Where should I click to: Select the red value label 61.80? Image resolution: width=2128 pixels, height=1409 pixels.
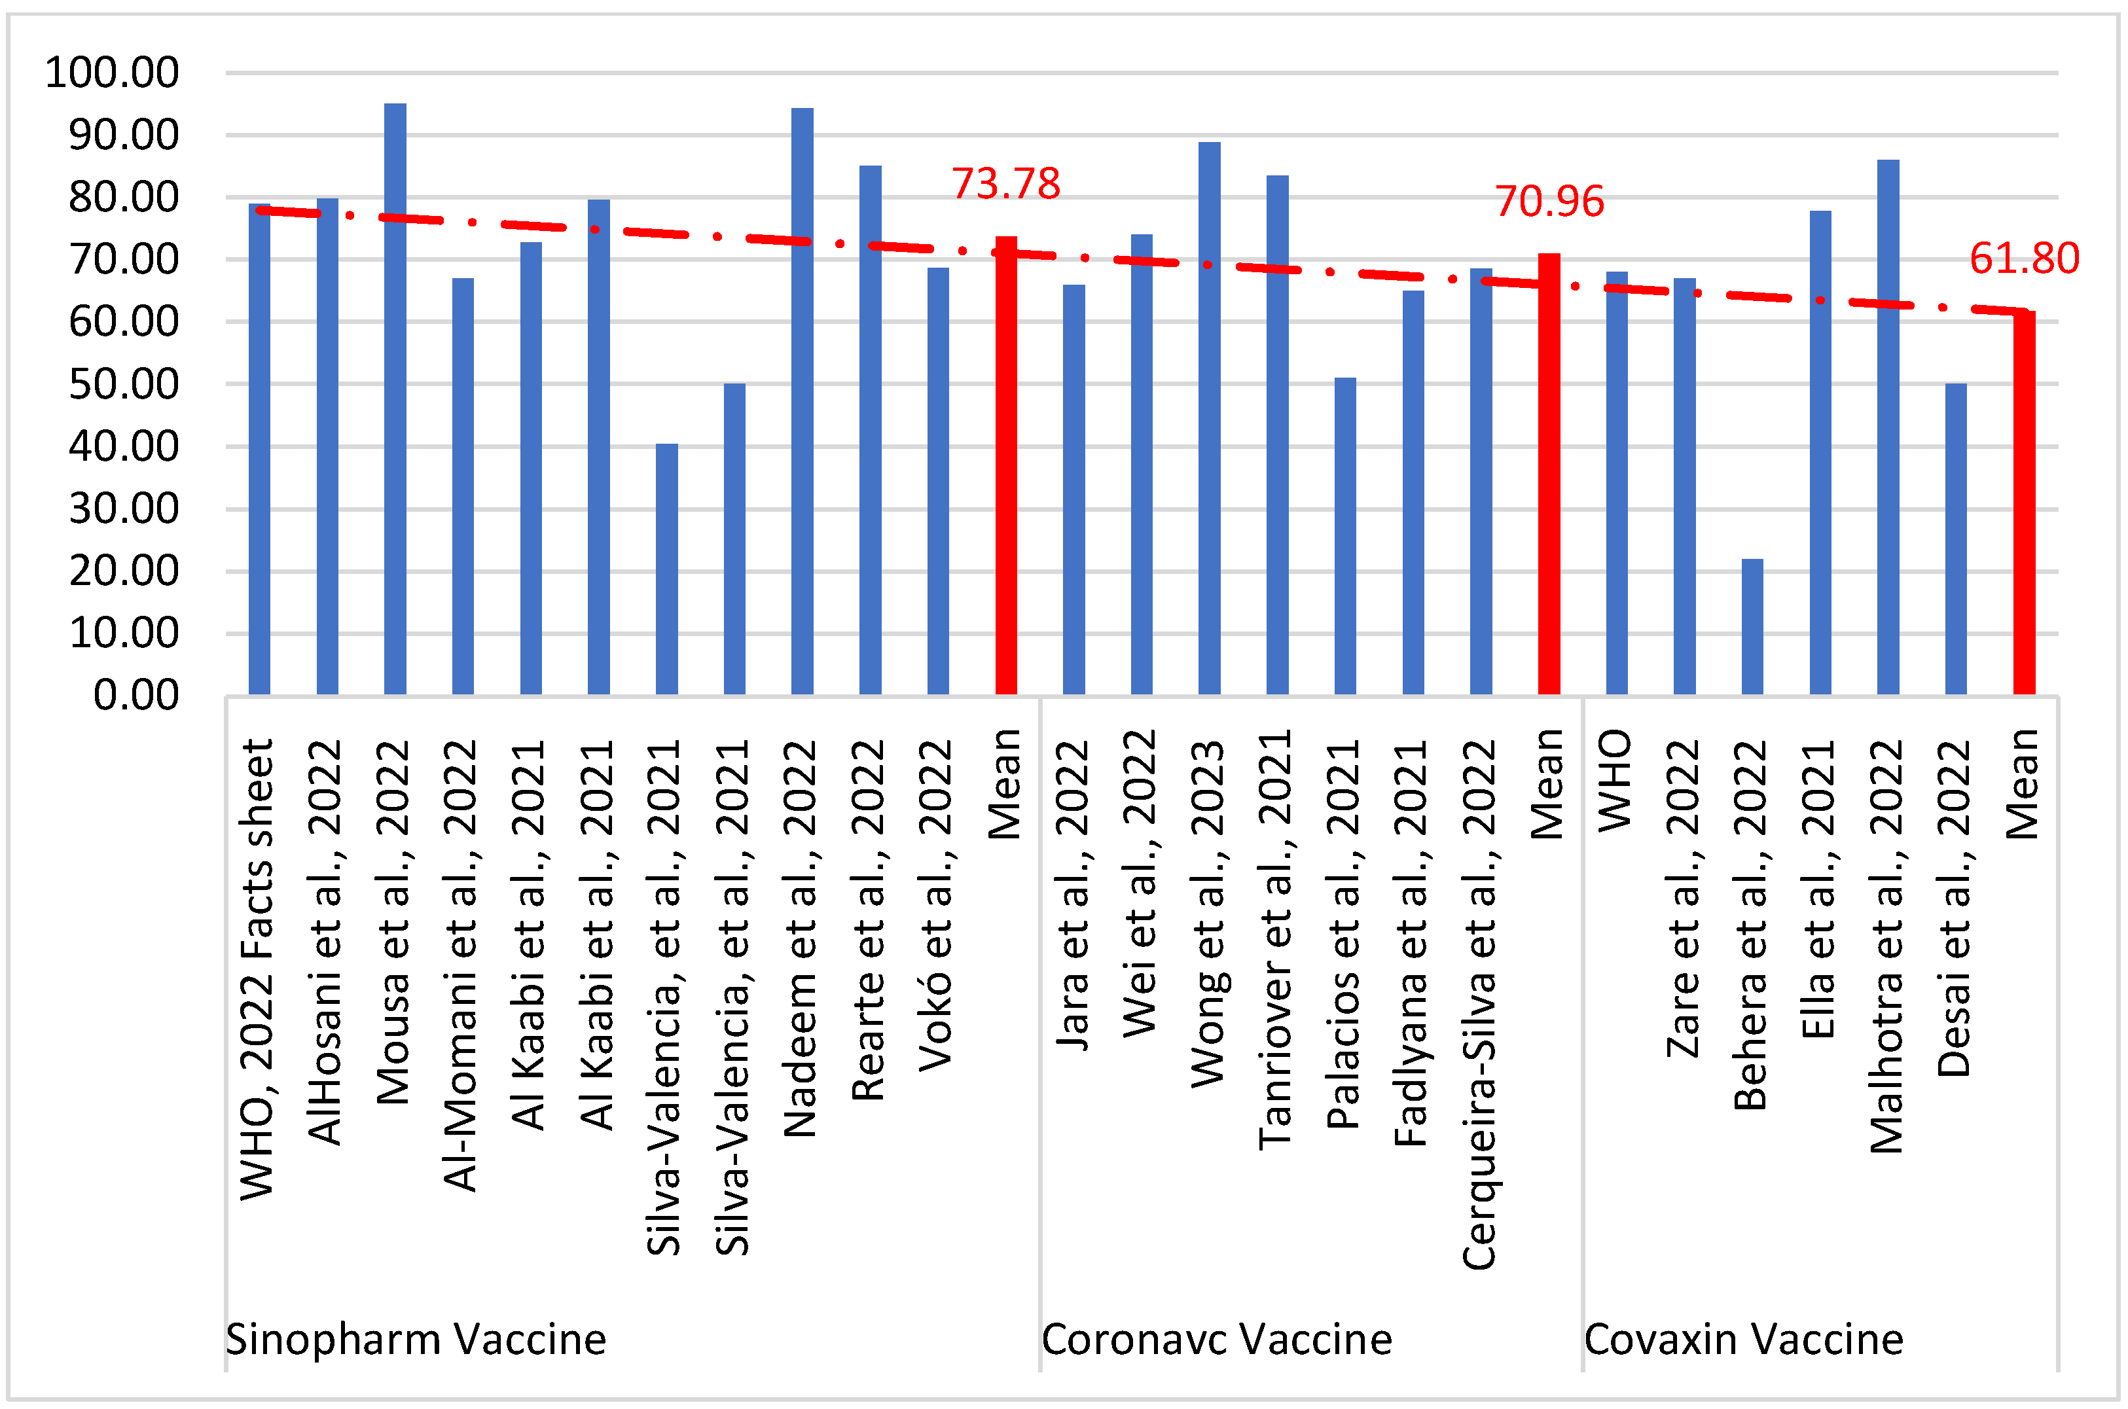tap(2024, 259)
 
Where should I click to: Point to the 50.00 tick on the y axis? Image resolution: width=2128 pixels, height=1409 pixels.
tap(124, 385)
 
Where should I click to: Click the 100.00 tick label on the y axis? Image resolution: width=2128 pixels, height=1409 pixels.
tap(113, 73)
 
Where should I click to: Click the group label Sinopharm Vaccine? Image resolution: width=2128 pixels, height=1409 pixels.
tap(415, 1340)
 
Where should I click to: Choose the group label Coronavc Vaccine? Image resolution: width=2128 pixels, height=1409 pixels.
tap(1216, 1340)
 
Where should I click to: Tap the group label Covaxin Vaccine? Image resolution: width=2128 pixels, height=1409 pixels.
tap(1743, 1340)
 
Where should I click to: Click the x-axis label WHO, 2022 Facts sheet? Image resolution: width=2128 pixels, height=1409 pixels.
tap(257, 969)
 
